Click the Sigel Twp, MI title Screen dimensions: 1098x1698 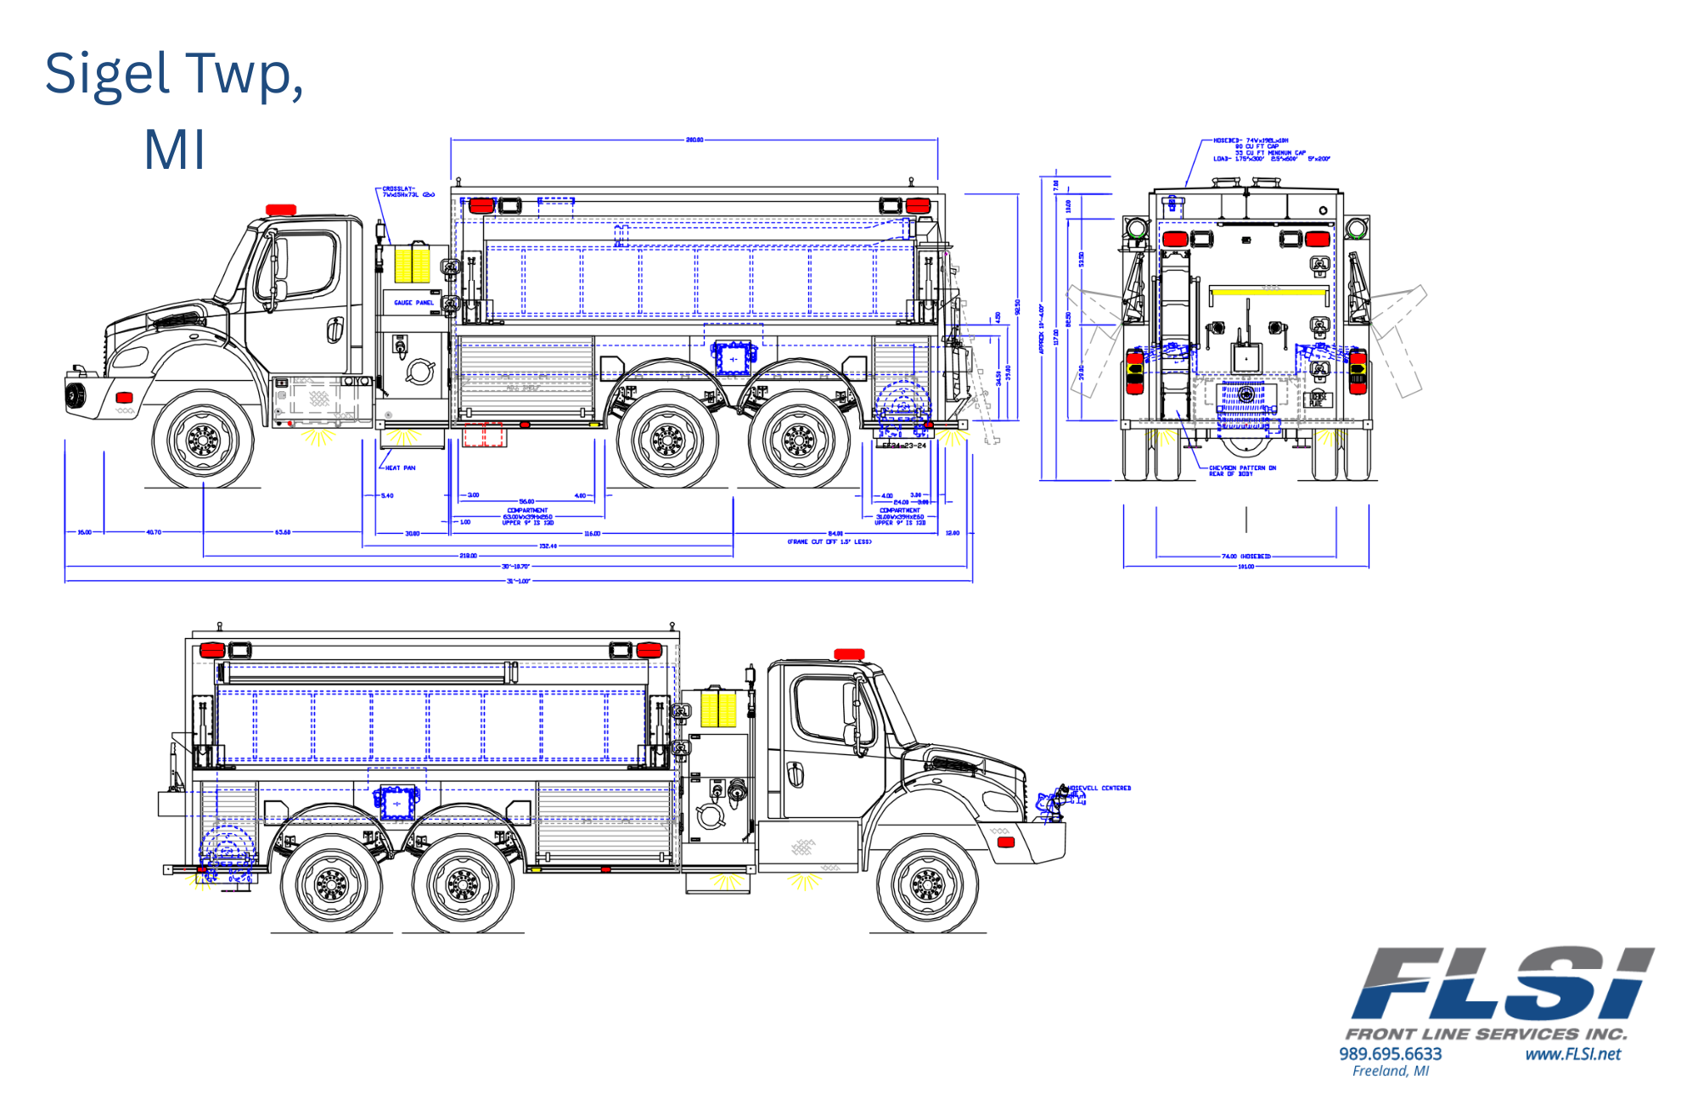pyautogui.click(x=174, y=110)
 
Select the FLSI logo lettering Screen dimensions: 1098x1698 pyautogui.click(x=1502, y=983)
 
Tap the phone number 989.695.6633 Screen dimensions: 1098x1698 pyautogui.click(x=1390, y=1054)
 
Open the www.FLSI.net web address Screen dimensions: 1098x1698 pyautogui.click(x=1572, y=1054)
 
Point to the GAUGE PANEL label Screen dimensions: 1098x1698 pyautogui.click(x=413, y=302)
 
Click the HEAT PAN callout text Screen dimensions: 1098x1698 pyautogui.click(x=400, y=468)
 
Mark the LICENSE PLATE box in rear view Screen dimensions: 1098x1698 pyautogui.click(x=1317, y=399)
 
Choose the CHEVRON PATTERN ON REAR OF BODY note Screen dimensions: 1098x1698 pyautogui.click(x=1242, y=471)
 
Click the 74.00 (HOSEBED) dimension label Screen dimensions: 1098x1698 pyautogui.click(x=1245, y=557)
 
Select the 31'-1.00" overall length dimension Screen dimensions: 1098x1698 pyautogui.click(x=518, y=581)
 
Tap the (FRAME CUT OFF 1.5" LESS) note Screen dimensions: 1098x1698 pyautogui.click(x=829, y=541)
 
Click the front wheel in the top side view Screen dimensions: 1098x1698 pyautogui.click(x=203, y=440)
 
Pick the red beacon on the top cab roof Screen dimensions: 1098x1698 pyautogui.click(x=281, y=210)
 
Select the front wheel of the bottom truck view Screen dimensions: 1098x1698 pyautogui.click(x=926, y=885)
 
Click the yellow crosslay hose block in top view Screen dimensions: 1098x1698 pyautogui.click(x=413, y=262)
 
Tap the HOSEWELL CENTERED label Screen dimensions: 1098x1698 pyautogui.click(x=1099, y=788)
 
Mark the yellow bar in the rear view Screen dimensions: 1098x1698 pyautogui.click(x=1269, y=292)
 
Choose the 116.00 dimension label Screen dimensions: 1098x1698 pyautogui.click(x=592, y=534)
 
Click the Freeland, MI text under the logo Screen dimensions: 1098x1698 pyautogui.click(x=1390, y=1072)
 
